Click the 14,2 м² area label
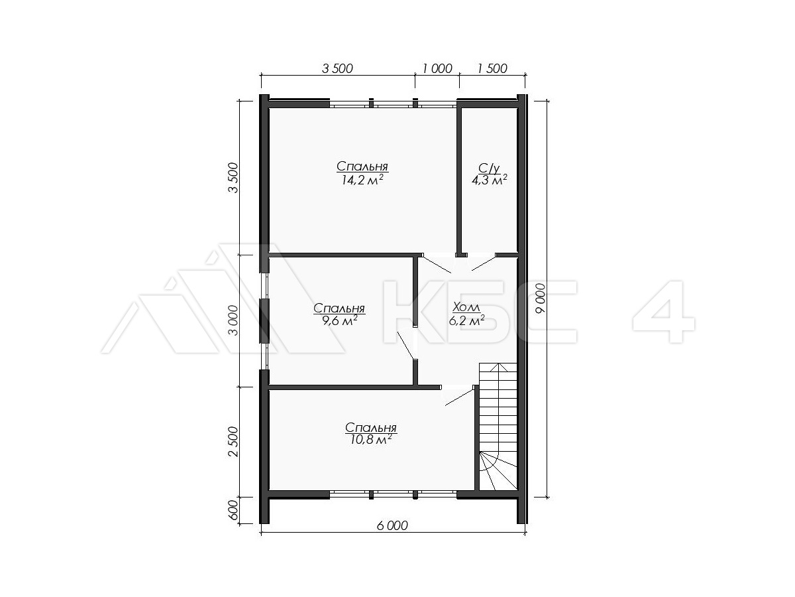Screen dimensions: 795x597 [362, 180]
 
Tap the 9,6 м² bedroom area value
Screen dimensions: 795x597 [339, 320]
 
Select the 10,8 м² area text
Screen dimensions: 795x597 [371, 440]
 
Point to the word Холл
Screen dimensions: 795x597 [466, 308]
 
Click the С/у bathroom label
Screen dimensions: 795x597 [490, 168]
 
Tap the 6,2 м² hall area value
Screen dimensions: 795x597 [466, 321]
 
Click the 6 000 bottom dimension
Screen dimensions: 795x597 [392, 525]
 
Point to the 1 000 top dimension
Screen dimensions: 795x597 [437, 68]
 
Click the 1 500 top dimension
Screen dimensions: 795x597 [492, 68]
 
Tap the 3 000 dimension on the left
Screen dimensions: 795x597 [235, 320]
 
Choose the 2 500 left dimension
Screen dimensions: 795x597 [235, 442]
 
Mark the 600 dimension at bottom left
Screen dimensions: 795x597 [235, 510]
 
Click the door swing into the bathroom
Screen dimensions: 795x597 [484, 263]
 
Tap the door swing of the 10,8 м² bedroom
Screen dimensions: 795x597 [459, 396]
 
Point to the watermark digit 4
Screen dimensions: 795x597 [664, 312]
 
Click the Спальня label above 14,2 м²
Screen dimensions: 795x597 [362, 166]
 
